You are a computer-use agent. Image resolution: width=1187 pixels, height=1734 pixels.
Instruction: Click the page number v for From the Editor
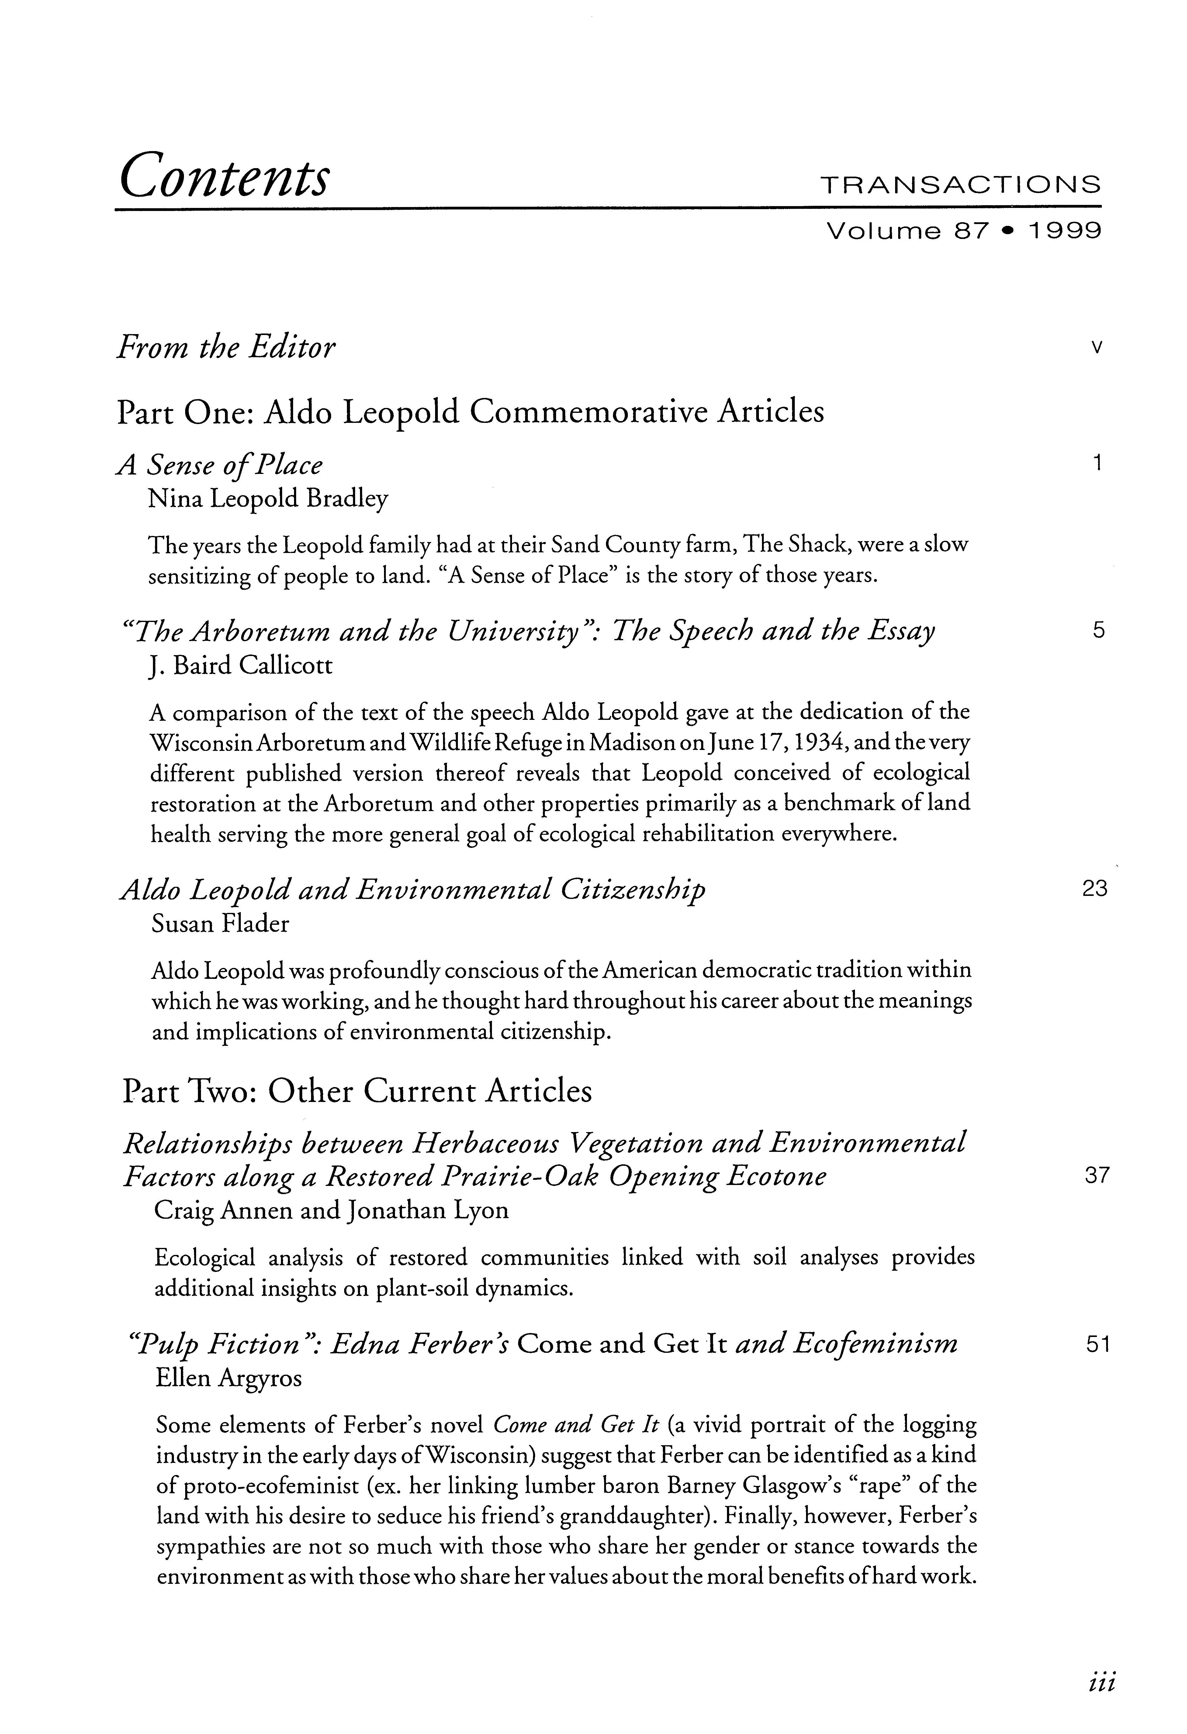click(x=1095, y=348)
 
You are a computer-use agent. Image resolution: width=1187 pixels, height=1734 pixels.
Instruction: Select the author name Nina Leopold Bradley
click(x=268, y=499)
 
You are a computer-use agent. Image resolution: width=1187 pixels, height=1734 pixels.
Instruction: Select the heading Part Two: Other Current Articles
click(x=357, y=1091)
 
